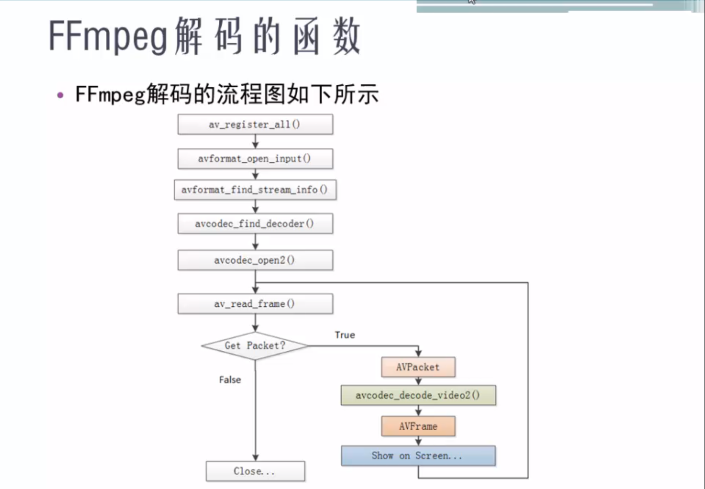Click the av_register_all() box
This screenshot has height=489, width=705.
tap(255, 124)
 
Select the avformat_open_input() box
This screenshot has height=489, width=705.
tap(255, 159)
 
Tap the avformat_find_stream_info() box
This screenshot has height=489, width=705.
tap(255, 190)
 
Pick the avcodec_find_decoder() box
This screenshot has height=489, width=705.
tap(255, 223)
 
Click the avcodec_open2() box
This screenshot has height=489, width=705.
tap(255, 260)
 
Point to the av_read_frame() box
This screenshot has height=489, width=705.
tap(255, 304)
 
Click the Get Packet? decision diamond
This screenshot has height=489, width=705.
tap(255, 346)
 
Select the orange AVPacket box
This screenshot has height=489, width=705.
tap(418, 367)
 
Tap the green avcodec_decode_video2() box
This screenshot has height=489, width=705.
tap(418, 395)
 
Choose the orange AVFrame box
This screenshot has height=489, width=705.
tap(418, 426)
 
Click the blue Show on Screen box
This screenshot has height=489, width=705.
tap(418, 456)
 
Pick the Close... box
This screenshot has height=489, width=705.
tap(255, 471)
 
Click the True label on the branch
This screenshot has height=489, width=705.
tap(345, 335)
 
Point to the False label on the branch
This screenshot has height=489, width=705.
tap(230, 380)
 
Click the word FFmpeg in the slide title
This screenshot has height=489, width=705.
tap(108, 37)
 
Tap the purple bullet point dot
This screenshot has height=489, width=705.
tap(60, 95)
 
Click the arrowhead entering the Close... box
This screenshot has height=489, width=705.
tap(255, 458)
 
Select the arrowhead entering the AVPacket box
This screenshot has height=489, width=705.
tap(418, 353)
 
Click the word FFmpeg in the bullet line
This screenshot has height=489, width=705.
tap(110, 94)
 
